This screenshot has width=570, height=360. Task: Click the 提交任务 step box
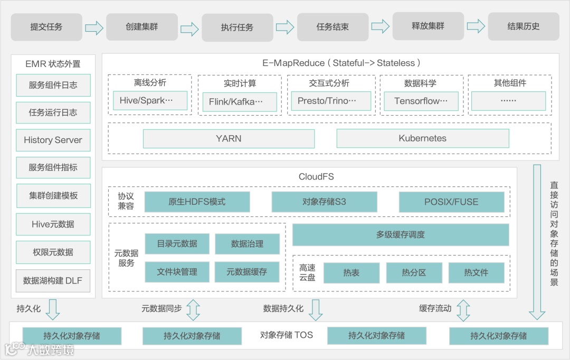46,27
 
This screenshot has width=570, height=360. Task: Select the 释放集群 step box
428,26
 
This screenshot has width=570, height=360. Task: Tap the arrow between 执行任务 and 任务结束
285,27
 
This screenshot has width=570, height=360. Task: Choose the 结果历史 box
523,27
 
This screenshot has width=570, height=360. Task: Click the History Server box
53,140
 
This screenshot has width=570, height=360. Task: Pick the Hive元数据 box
53,224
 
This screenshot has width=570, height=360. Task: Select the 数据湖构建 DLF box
53,281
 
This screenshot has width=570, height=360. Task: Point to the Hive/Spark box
150,100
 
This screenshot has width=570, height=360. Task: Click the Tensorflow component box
421,101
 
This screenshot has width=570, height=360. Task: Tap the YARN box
229,139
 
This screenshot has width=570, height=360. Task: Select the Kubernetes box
422,139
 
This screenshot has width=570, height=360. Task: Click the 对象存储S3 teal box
324,202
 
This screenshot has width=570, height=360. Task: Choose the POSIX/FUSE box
451,202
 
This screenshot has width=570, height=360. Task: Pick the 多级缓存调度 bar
400,235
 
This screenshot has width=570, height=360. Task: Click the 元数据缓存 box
246,272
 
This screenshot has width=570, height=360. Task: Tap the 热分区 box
413,273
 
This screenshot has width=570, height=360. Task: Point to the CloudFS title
316,177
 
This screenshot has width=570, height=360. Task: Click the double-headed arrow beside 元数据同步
193,310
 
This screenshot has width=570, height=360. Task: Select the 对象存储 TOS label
287,335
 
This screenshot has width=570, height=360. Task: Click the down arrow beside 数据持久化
316,310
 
